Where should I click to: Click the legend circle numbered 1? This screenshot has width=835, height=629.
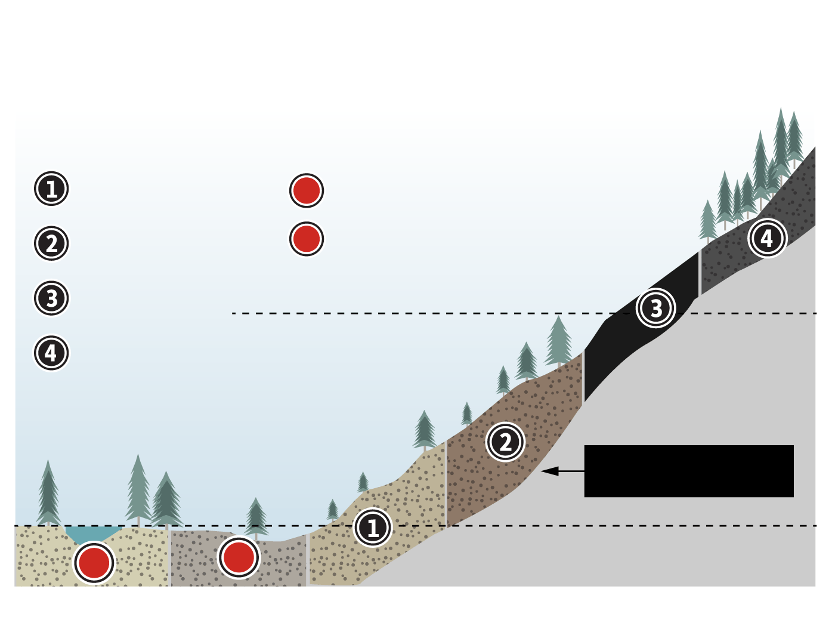pos(51,189)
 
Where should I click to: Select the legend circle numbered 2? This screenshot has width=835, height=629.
pos(51,243)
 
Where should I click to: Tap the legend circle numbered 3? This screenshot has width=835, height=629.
pos(51,298)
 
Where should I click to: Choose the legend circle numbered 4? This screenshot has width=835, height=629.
pos(51,353)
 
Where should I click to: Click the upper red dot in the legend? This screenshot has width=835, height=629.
pos(307,190)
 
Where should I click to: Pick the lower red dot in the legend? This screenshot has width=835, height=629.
pos(307,239)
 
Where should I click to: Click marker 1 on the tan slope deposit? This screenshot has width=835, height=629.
pos(373,528)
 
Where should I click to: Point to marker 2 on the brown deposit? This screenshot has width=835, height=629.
pos(505,442)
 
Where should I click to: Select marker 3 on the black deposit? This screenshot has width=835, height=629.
pos(656,308)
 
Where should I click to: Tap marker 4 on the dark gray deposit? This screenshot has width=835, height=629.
pos(767,238)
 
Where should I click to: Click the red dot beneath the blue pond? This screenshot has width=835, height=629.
pos(94,562)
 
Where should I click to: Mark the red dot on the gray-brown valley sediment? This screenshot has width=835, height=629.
pos(239,557)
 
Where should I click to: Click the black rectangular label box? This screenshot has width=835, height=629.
pos(689,471)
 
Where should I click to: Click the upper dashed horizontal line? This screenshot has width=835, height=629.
pos(417,313)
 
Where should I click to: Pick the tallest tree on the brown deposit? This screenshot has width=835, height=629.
pos(558,343)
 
